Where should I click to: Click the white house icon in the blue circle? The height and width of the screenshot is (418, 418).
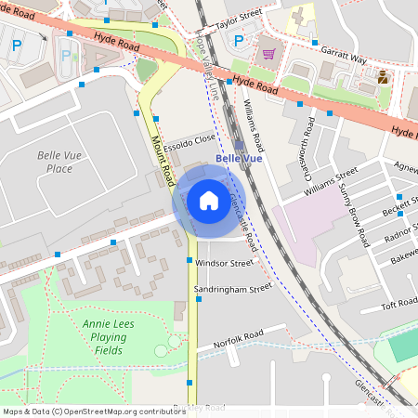pos(208,200)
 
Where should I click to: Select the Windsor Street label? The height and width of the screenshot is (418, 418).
pos(224,263)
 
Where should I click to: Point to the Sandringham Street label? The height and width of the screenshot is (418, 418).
pos(232,289)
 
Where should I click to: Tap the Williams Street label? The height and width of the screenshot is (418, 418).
pos(331,182)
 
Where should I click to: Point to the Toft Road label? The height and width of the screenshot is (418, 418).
pos(400,304)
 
